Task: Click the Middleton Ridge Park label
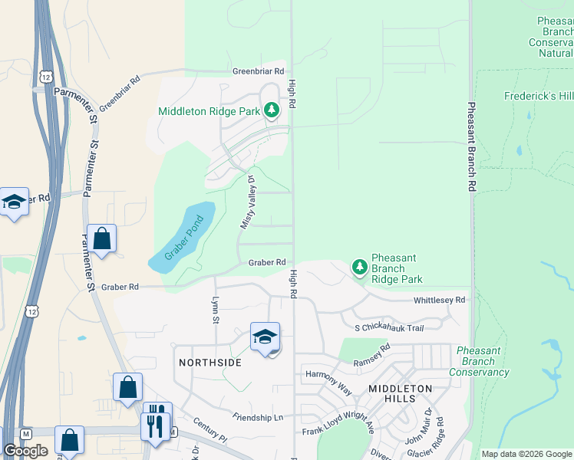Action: coord(209,111)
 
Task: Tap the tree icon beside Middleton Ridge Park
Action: coord(271,110)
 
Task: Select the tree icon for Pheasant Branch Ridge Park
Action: coord(359,267)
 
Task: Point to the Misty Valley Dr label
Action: coord(248,202)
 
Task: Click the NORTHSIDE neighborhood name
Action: coord(210,362)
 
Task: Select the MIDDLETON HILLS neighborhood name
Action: coord(401,389)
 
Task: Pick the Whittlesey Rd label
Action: coord(439,301)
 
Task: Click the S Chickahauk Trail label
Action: coord(389,328)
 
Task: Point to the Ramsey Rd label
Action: coord(371,354)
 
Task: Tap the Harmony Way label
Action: coord(328,380)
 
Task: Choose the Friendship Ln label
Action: coord(258,416)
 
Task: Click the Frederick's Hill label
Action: coord(538,97)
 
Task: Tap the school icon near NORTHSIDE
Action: coord(265,337)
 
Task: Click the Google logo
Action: coord(25,451)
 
